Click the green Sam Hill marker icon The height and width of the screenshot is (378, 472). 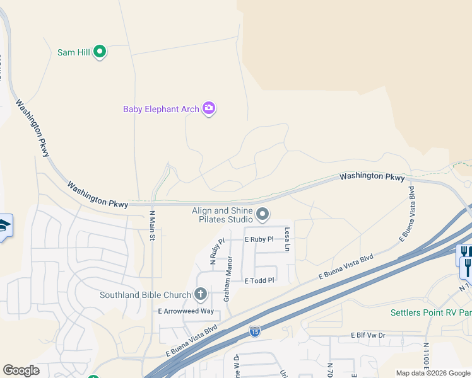click(99, 52)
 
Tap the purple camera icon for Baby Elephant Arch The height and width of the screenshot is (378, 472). click(209, 109)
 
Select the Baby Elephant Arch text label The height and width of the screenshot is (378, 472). click(161, 109)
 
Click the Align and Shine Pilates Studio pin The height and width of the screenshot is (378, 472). click(263, 215)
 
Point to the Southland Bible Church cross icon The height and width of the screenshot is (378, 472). click(201, 294)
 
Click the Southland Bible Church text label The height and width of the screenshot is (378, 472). click(145, 295)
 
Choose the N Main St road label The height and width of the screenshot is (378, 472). click(152, 225)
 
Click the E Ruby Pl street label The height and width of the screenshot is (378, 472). click(259, 239)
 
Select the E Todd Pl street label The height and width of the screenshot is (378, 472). click(259, 280)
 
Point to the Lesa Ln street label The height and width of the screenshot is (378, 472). click(286, 239)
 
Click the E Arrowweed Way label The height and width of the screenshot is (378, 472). click(186, 311)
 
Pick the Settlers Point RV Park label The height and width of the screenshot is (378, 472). click(431, 312)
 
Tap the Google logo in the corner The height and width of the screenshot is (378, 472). click(21, 370)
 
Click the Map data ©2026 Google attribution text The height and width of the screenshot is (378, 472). click(434, 373)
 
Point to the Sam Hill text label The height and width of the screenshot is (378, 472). click(74, 52)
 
